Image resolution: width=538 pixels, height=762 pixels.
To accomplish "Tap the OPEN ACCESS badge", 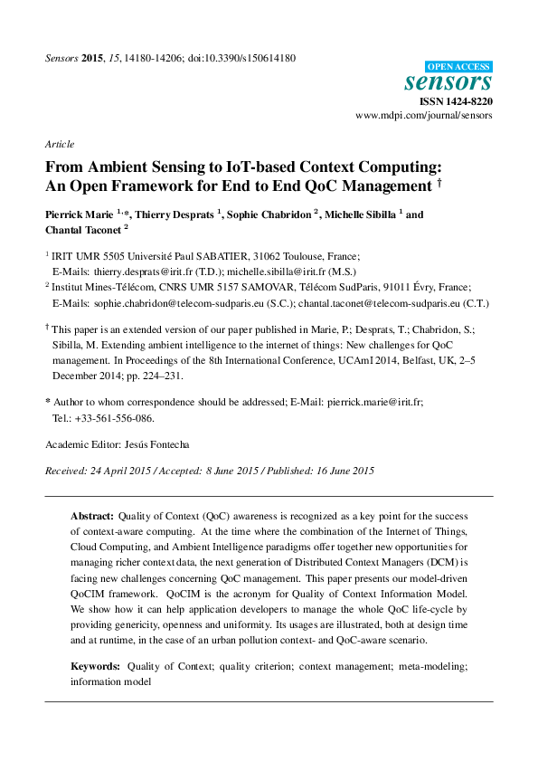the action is (459, 66).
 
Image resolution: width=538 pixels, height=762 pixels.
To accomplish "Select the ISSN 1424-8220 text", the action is (464, 102).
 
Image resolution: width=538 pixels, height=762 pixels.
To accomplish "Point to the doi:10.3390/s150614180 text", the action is (245, 58).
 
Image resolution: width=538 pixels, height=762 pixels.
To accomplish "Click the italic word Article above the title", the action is (59, 144).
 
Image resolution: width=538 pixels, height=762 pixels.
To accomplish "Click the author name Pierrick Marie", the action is (79, 215).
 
